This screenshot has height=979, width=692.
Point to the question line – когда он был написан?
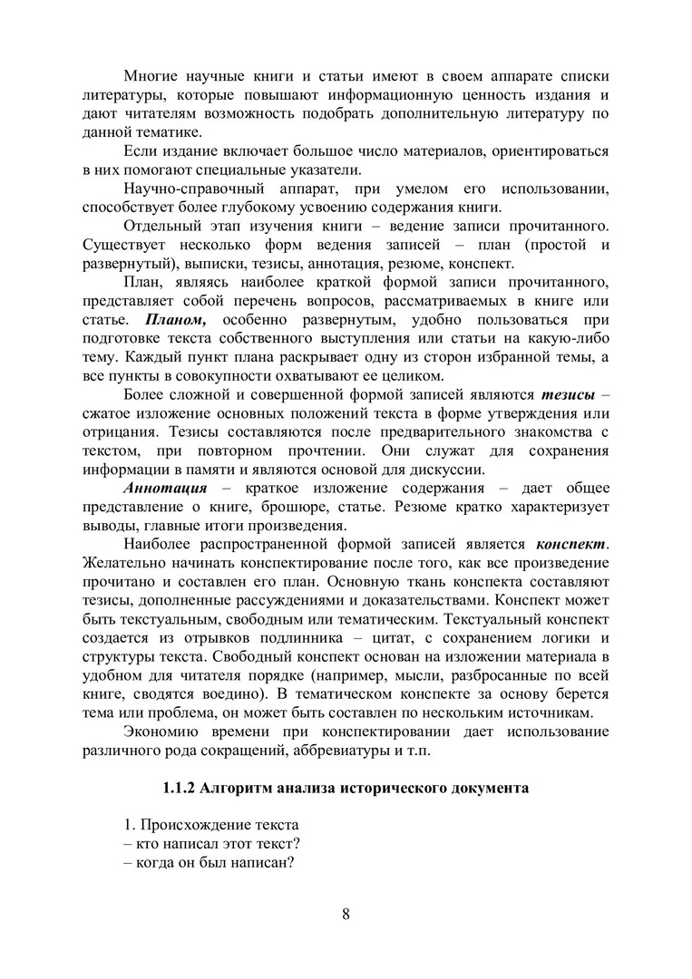tap(208, 862)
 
